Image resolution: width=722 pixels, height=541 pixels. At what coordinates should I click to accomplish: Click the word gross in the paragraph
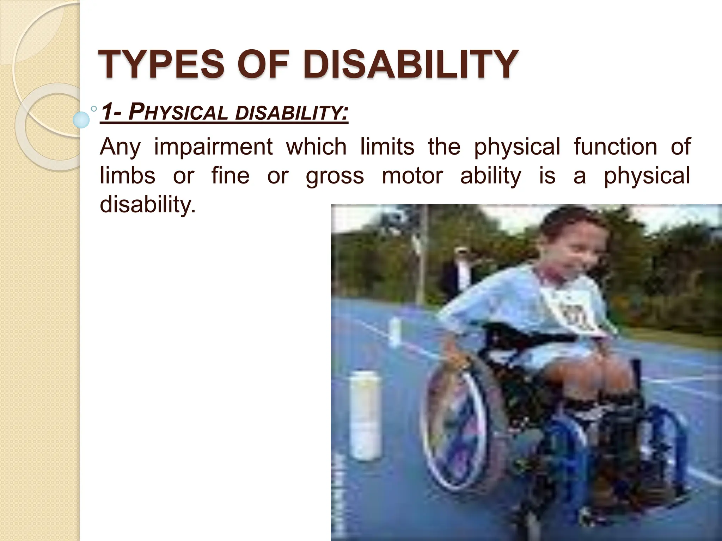coord(335,176)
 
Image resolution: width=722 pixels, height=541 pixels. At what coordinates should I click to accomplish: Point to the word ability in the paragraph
coord(490,176)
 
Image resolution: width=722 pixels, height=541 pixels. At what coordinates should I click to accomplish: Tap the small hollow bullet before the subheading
coord(94,109)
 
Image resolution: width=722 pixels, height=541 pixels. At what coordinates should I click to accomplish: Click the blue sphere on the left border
coord(81,119)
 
